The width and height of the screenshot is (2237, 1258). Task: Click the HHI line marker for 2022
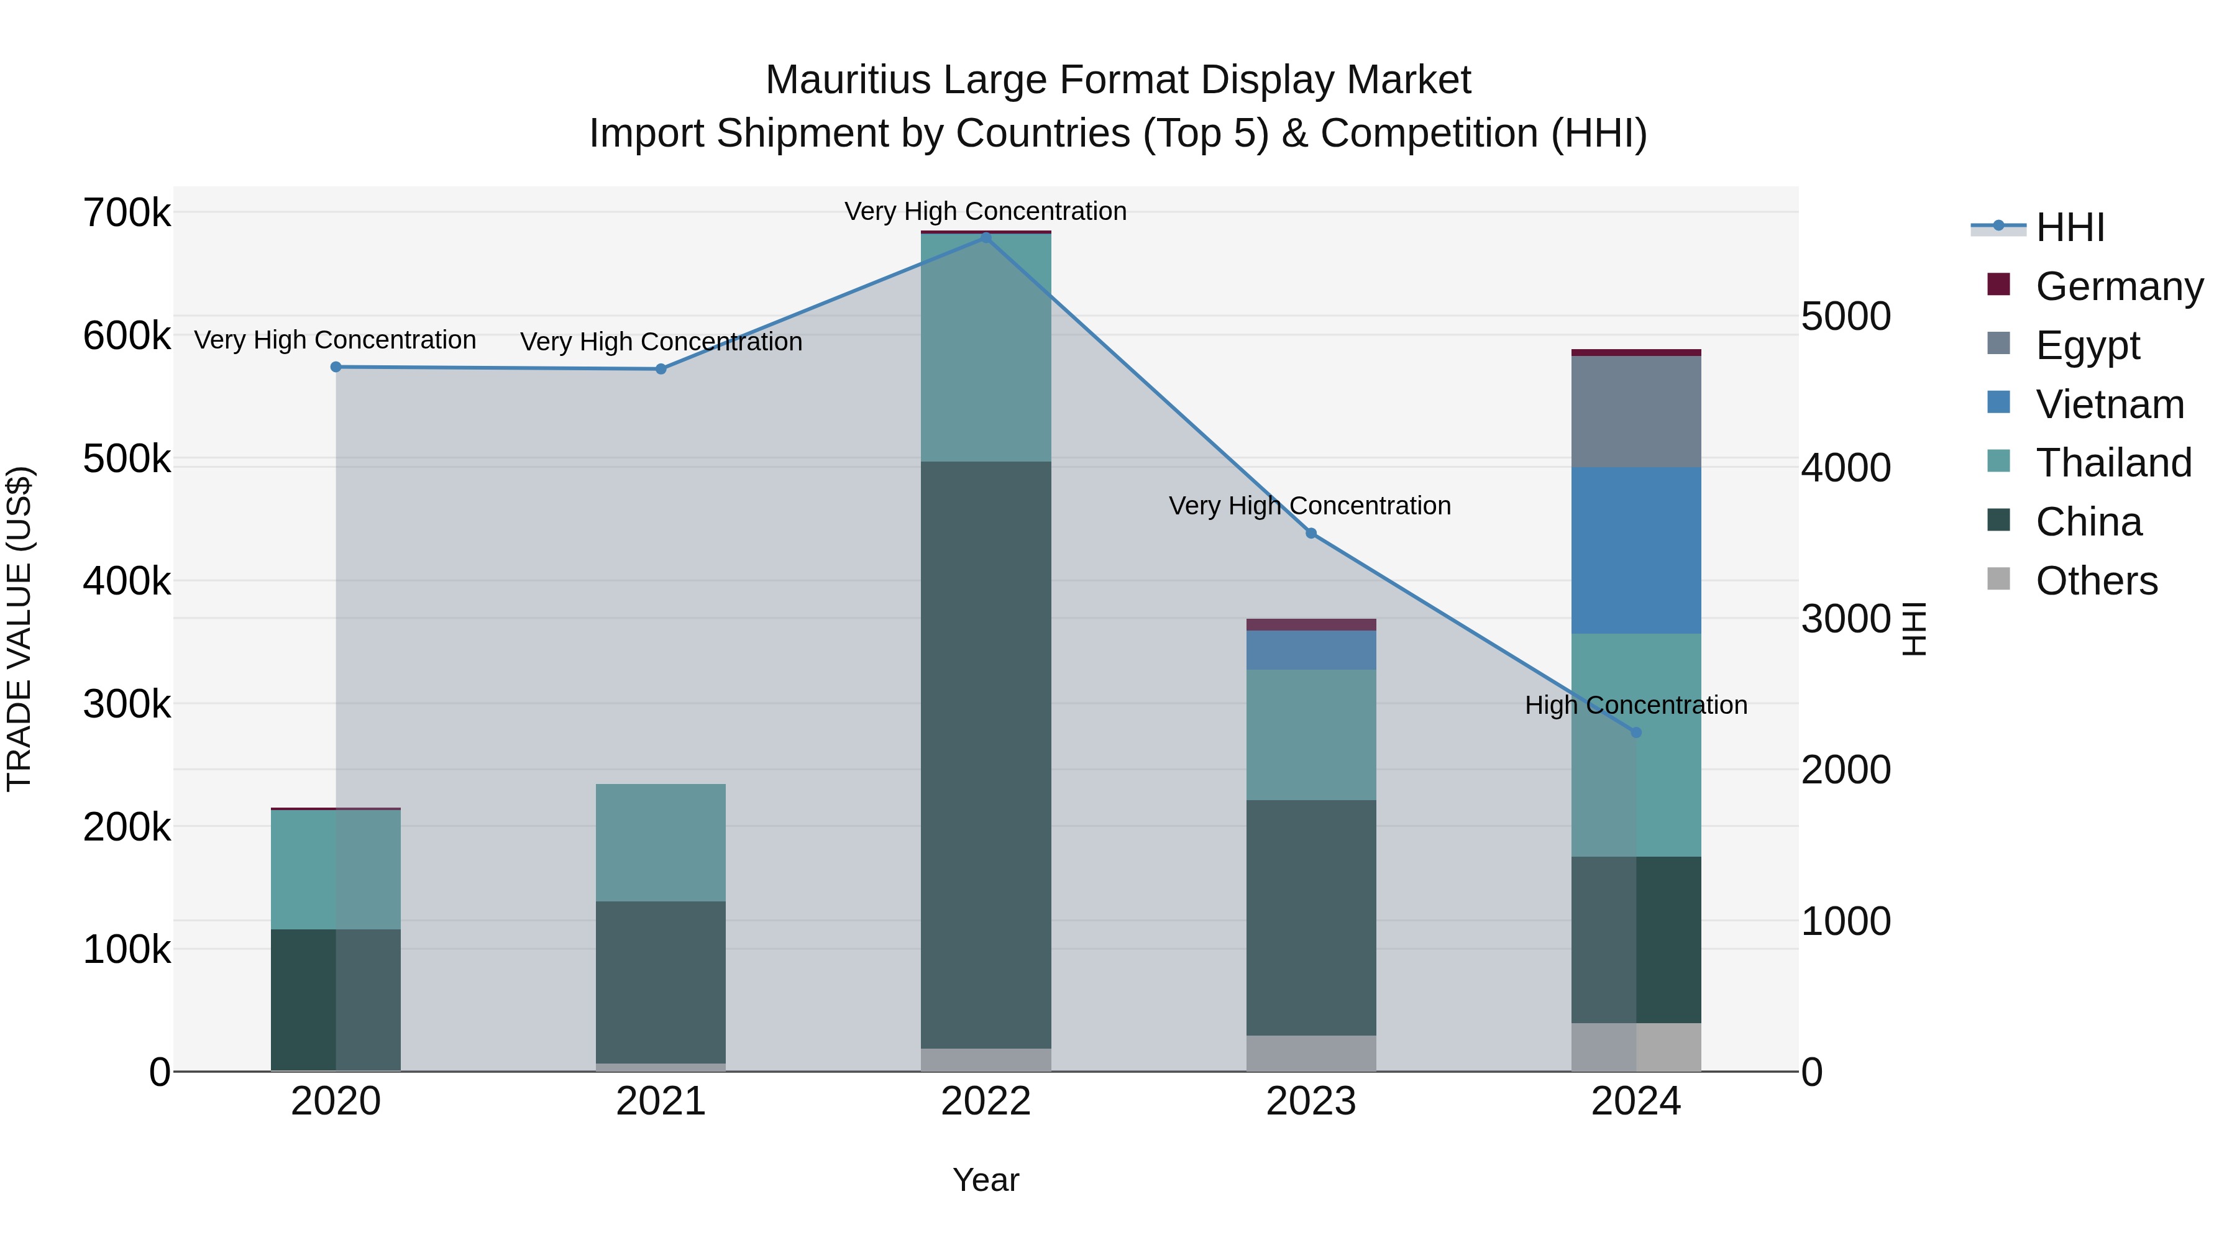tap(986, 237)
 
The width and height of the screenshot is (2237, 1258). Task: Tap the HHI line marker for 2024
tap(1636, 733)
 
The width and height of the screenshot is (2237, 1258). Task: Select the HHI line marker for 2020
tap(336, 367)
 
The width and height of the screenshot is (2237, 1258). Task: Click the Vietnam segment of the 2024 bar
tap(1636, 550)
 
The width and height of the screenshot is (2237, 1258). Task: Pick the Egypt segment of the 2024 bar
tap(1636, 411)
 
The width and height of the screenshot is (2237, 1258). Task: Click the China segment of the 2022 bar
tap(986, 755)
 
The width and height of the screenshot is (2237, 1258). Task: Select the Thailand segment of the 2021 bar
tap(661, 842)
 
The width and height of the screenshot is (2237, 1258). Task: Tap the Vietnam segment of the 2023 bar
tap(1311, 649)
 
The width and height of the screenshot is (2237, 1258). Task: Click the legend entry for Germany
tap(2118, 286)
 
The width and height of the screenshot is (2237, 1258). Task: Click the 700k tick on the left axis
tap(127, 212)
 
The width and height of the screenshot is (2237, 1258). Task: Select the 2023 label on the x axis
tap(1311, 1101)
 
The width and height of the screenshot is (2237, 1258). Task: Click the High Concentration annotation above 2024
tap(1636, 705)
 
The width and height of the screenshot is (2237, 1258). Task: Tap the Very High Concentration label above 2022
tap(986, 211)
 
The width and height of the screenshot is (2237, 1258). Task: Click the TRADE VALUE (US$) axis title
tap(19, 629)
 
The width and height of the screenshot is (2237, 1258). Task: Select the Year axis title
tap(986, 1180)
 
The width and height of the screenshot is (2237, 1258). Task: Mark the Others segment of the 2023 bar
tap(1311, 1053)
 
